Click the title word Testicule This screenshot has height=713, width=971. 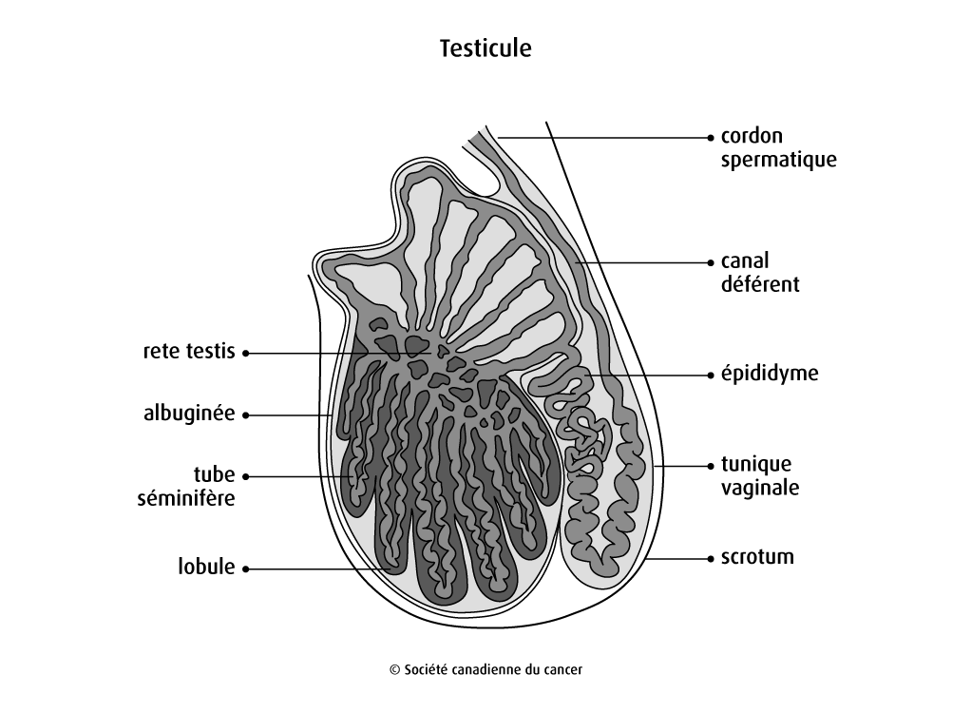(x=485, y=48)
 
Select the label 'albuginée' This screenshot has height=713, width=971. (x=188, y=414)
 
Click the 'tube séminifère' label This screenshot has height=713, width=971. (x=188, y=486)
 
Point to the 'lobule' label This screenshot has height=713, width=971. (x=205, y=568)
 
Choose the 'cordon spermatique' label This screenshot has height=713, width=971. (x=778, y=147)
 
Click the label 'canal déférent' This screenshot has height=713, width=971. (x=760, y=272)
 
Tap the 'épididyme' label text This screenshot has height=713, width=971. (x=769, y=374)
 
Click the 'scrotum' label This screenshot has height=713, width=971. (x=757, y=557)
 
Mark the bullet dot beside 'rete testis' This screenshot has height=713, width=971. (x=245, y=353)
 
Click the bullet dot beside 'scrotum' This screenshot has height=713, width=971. (x=711, y=558)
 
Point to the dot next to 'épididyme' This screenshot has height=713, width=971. (x=711, y=375)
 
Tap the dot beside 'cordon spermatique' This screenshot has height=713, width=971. (x=711, y=137)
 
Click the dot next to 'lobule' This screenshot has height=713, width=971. (x=245, y=568)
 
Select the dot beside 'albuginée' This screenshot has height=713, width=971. (x=245, y=415)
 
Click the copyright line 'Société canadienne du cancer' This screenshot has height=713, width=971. (x=485, y=669)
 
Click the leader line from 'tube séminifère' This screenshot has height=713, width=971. (x=304, y=475)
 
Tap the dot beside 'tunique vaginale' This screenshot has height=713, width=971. (x=711, y=466)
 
